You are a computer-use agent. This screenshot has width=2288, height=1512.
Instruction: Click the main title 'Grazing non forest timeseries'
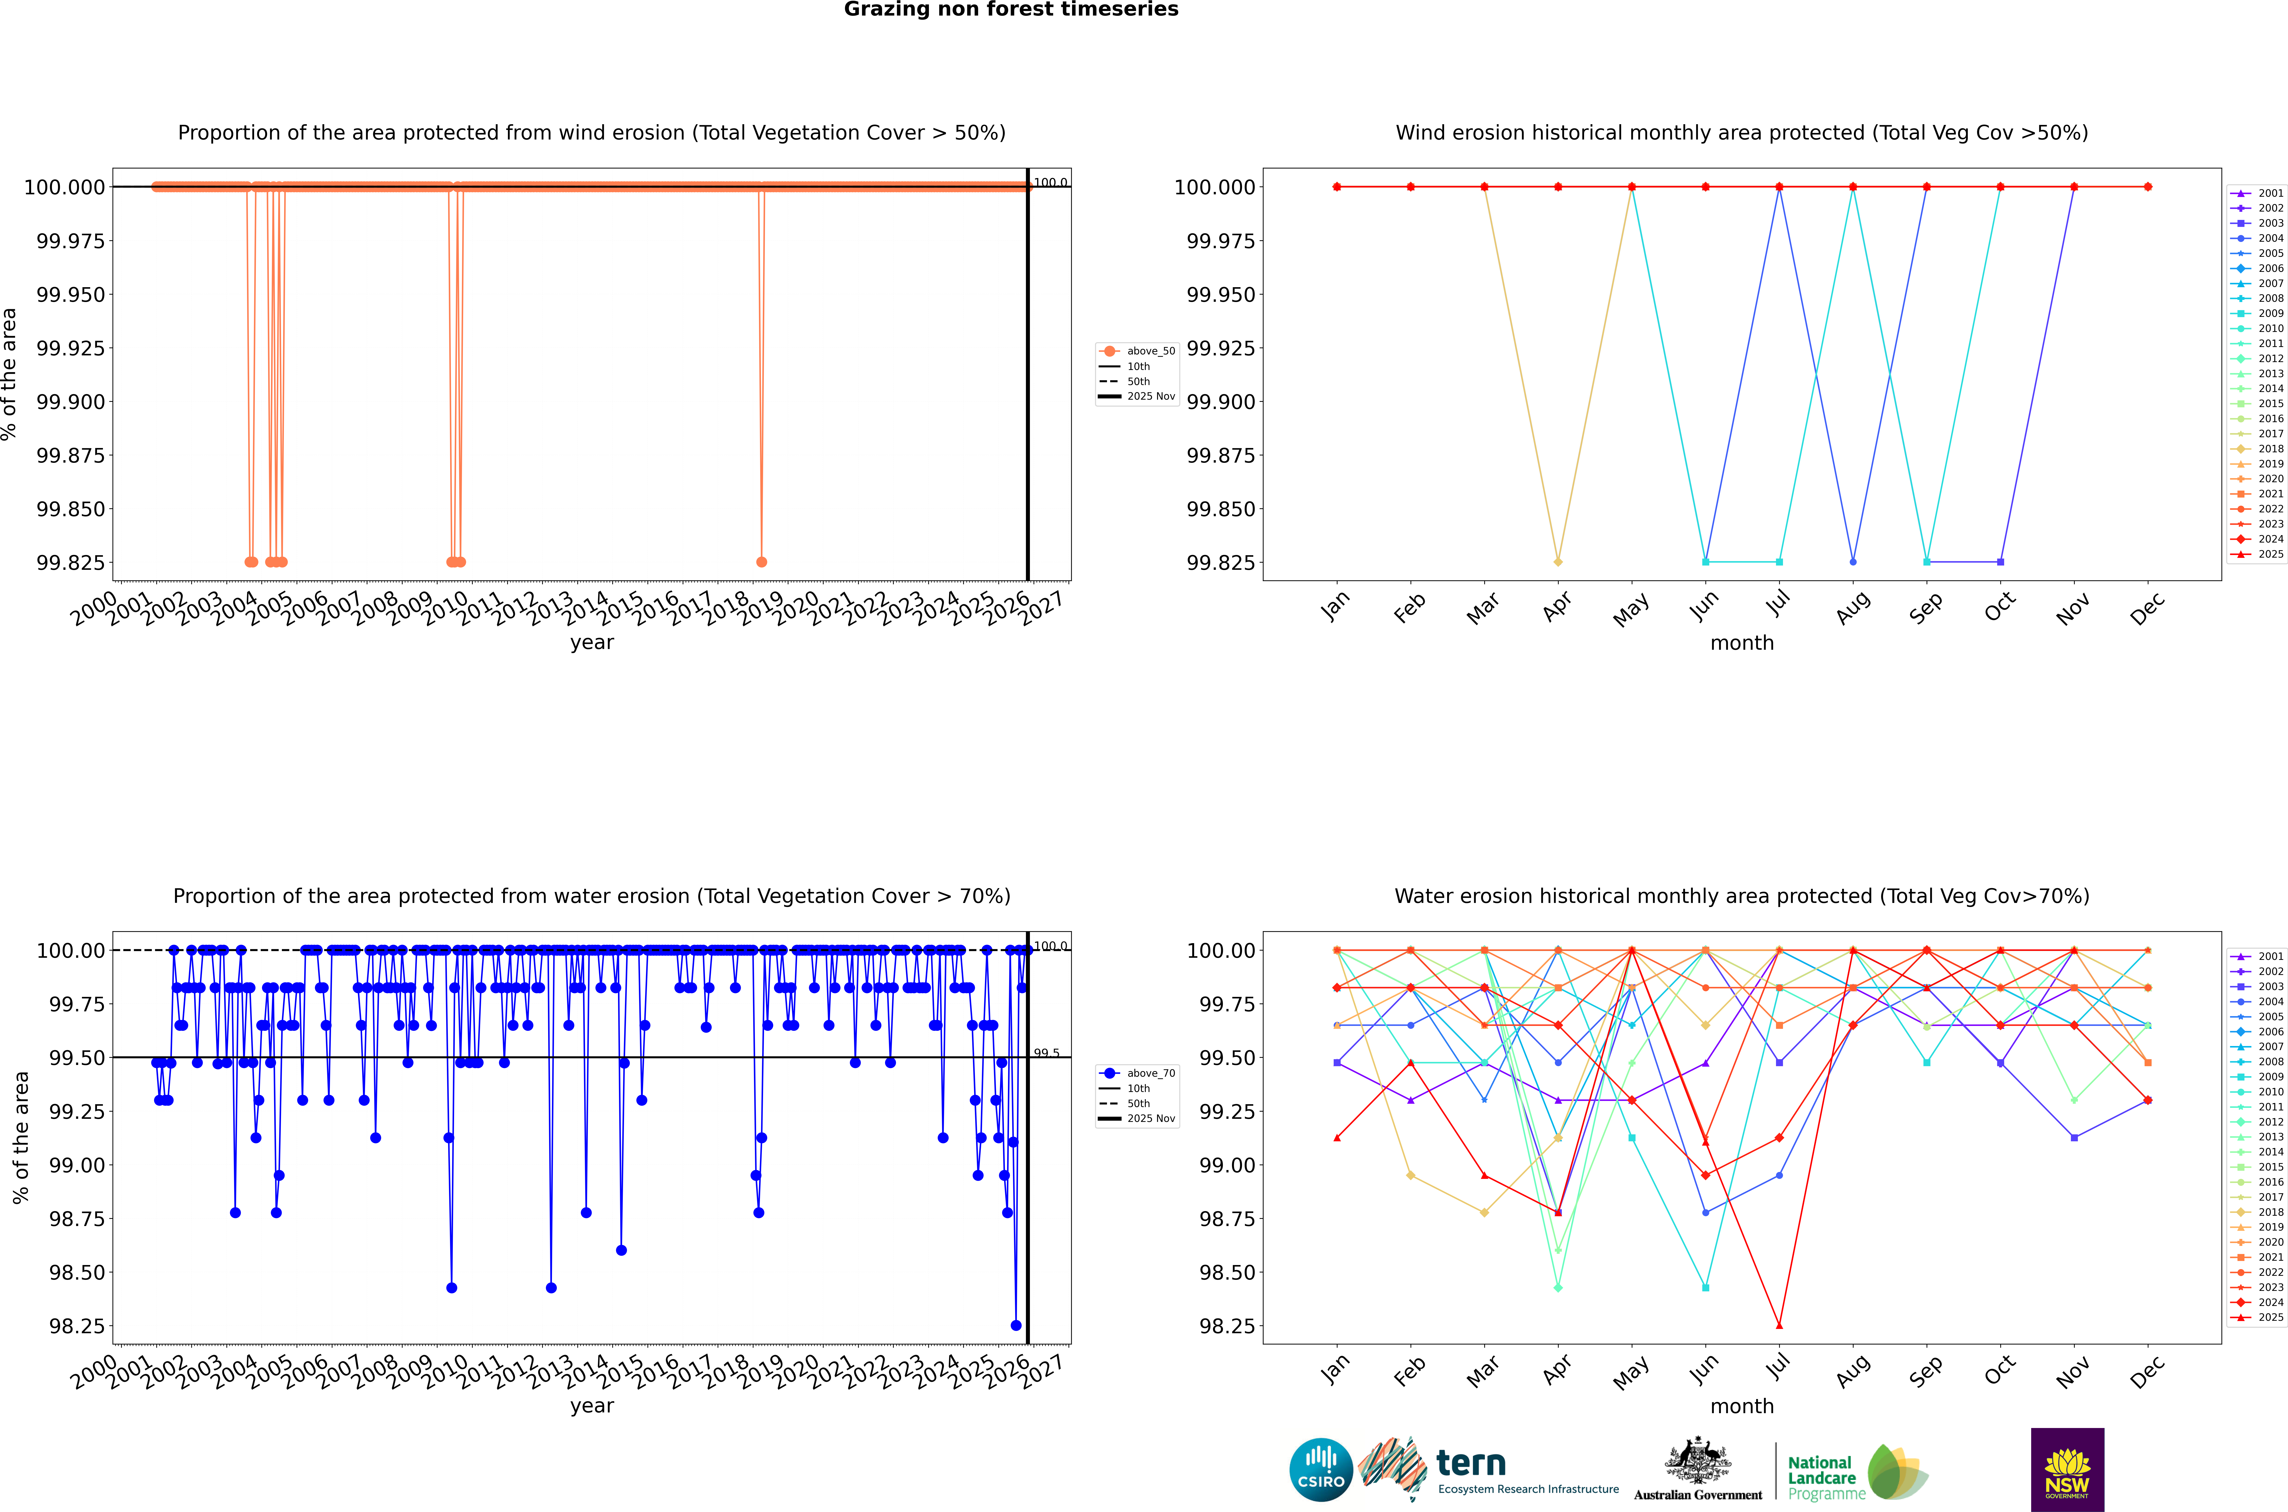click(1011, 10)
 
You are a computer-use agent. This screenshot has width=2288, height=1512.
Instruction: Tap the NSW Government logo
click(2066, 1470)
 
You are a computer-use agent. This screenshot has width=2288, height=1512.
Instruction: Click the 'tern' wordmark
click(1470, 1463)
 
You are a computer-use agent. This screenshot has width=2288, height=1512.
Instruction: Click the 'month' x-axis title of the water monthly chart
click(1741, 1406)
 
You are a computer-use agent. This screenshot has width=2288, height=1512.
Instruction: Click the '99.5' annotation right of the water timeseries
click(1046, 1053)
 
